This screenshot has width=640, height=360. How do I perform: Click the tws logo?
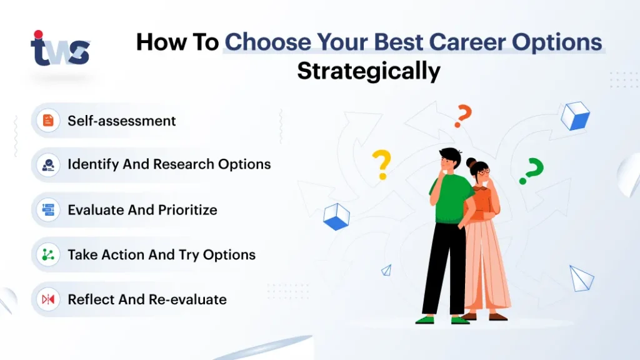(60, 48)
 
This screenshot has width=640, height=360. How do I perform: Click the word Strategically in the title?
(369, 71)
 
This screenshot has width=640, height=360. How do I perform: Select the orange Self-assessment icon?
(48, 121)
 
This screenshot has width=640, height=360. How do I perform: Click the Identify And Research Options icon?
(48, 165)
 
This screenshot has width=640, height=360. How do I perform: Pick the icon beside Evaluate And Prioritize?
(48, 210)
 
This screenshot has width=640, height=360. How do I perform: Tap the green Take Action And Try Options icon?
(48, 255)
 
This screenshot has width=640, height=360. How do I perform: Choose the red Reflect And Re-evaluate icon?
(48, 299)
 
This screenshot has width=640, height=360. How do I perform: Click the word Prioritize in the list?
(187, 210)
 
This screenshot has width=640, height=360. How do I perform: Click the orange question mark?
(463, 116)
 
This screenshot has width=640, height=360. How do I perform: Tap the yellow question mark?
(382, 164)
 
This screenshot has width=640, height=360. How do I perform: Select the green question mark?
(531, 171)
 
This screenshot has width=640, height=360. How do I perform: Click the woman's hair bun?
(471, 162)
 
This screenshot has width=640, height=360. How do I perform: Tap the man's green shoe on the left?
(425, 320)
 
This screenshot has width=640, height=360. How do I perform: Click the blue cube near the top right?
(575, 116)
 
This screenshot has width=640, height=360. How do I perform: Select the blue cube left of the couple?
(336, 217)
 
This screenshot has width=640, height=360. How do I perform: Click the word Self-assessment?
(122, 121)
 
